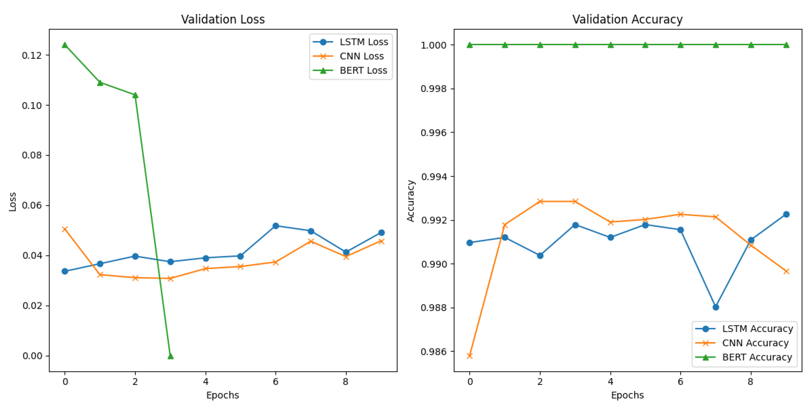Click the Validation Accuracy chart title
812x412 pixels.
627,20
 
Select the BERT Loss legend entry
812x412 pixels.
363,70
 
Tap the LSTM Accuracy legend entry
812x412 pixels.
757,329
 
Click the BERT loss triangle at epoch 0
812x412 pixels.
65,45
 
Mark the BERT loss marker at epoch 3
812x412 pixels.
171,356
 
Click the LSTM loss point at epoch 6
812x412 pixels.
276,226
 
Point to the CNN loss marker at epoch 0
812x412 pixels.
65,229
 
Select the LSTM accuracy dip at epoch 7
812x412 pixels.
716,307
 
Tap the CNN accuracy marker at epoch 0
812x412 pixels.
470,356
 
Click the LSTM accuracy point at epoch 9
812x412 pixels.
786,214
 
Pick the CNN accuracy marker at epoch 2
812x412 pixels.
540,201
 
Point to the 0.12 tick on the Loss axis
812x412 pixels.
32,56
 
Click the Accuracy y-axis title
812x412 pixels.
410,201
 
